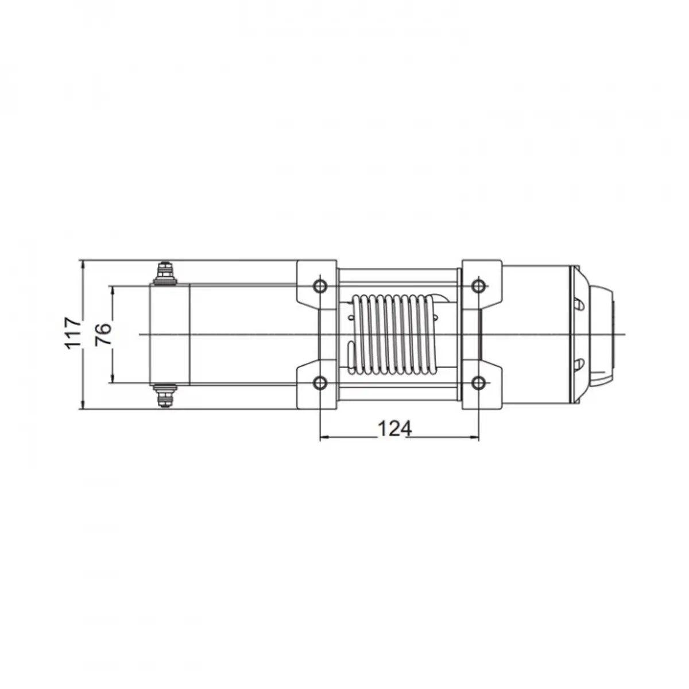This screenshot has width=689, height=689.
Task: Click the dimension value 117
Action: (x=72, y=332)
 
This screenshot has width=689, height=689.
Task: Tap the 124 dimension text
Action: (x=394, y=428)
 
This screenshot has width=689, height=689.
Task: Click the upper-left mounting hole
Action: (x=320, y=285)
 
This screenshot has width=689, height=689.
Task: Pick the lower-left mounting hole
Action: (x=320, y=382)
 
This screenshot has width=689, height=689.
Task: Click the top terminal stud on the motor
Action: (x=165, y=272)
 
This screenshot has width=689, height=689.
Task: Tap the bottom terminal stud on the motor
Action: (x=165, y=396)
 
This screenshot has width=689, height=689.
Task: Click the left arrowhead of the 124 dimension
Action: (x=323, y=438)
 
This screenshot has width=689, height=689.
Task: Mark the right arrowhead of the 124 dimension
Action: (x=474, y=438)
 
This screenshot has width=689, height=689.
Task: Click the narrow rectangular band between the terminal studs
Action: (x=170, y=334)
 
